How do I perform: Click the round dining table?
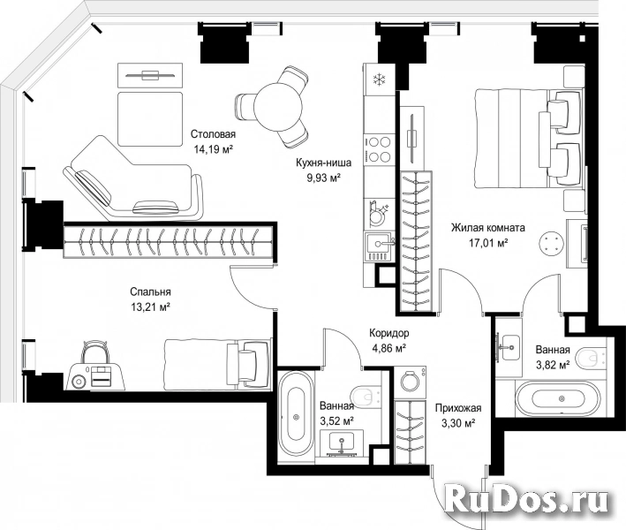coord(278,106)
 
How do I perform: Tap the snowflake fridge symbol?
coord(379,79)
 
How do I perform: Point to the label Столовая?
coord(213,133)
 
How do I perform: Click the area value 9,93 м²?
coord(323,178)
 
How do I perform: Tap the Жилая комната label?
coord(488,228)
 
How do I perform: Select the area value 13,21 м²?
coord(150,307)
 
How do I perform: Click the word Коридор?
coord(388,333)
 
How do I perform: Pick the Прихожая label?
coord(458,408)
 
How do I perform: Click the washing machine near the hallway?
coord(410,381)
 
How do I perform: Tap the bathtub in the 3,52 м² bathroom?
coord(296,417)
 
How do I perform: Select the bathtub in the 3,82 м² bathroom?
coord(558,398)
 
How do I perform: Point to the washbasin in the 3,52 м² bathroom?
coord(342,443)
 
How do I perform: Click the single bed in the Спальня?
coord(217,364)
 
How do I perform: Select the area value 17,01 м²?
coord(488,243)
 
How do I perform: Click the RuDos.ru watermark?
coord(527,498)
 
